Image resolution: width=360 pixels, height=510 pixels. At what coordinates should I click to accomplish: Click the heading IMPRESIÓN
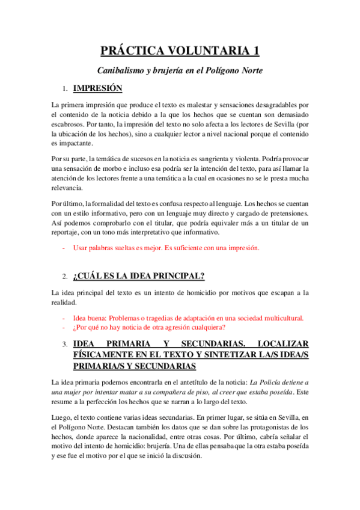[x=97, y=88]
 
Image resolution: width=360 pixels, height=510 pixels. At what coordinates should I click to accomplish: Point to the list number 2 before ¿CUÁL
[x=64, y=277]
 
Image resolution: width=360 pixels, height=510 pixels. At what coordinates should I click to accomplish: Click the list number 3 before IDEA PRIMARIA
[x=64, y=344]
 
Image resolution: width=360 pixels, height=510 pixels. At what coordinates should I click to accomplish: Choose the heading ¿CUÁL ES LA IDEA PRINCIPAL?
[x=139, y=277]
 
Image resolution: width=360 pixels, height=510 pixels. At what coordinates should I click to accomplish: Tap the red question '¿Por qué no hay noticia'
[x=149, y=327]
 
